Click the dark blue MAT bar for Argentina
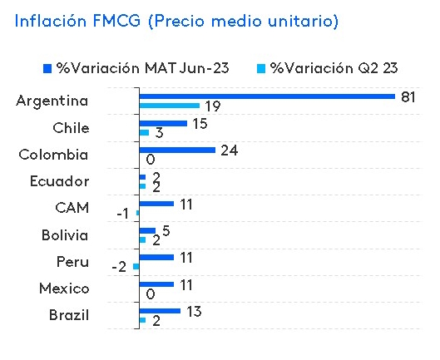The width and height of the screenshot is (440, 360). [x=266, y=96]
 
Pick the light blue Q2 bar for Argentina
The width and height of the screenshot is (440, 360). [x=169, y=106]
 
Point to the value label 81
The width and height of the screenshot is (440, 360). [x=408, y=96]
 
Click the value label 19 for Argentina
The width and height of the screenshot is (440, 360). [x=211, y=106]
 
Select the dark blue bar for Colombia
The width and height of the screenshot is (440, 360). [x=176, y=150]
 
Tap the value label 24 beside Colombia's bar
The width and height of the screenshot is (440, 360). [x=230, y=150]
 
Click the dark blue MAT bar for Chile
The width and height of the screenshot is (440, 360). [x=162, y=123]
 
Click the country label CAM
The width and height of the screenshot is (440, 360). [x=72, y=208]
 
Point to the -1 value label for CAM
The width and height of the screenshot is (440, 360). [x=122, y=214]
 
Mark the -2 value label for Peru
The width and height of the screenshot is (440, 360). [x=119, y=267]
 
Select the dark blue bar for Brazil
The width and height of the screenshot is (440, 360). [x=159, y=311]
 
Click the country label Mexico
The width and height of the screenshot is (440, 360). [x=64, y=288]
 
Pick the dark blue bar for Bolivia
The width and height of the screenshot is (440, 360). [x=146, y=230]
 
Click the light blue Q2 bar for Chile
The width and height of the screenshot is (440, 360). [x=144, y=133]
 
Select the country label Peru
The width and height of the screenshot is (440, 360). [x=72, y=262]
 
